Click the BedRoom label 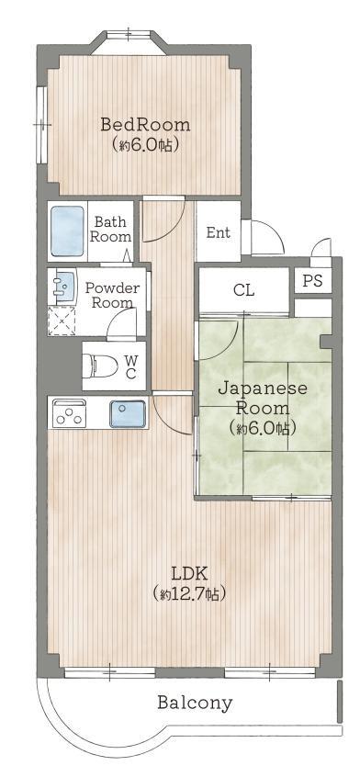pyautogui.click(x=145, y=124)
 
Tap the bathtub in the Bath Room pyautogui.click(x=67, y=231)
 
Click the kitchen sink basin pyautogui.click(x=128, y=413)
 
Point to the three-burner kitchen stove pyautogui.click(x=68, y=412)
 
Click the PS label pyautogui.click(x=312, y=281)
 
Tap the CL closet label pyautogui.click(x=243, y=290)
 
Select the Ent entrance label pyautogui.click(x=219, y=232)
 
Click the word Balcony pyautogui.click(x=195, y=703)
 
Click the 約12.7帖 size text pyautogui.click(x=189, y=593)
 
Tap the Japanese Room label pyautogui.click(x=263, y=398)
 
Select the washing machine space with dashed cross pyautogui.click(x=62, y=321)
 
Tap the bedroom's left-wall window pyautogui.click(x=41, y=124)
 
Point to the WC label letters pyautogui.click(x=130, y=366)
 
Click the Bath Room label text pyautogui.click(x=111, y=229)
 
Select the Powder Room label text pyautogui.click(x=112, y=295)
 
